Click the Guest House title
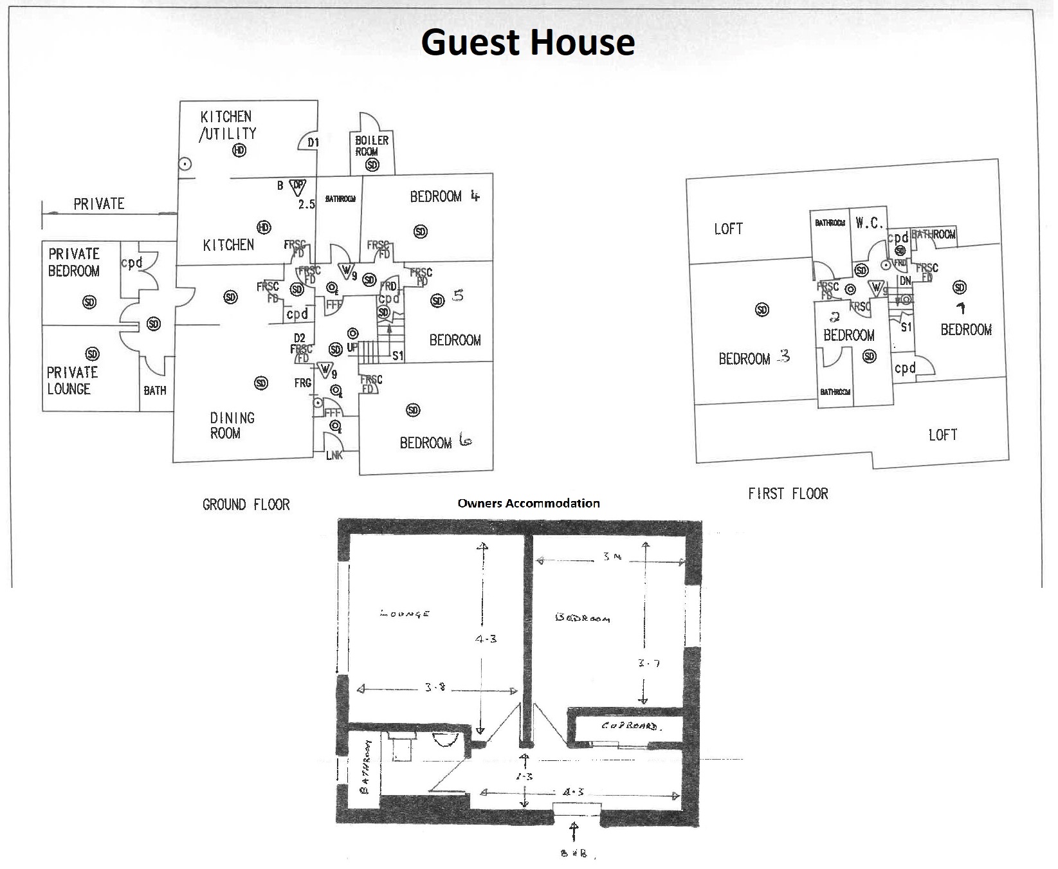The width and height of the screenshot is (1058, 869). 528,42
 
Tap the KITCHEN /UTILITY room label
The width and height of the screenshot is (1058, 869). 228,125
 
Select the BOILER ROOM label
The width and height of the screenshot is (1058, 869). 372,145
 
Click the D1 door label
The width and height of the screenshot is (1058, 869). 313,142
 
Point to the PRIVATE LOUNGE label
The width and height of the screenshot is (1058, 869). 72,380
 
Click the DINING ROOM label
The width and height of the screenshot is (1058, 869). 232,425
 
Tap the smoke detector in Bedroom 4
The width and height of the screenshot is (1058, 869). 420,231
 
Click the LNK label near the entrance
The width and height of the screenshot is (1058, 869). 334,455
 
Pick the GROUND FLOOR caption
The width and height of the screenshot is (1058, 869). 246,504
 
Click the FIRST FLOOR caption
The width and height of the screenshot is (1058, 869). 788,493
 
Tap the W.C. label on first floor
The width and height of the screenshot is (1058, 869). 868,223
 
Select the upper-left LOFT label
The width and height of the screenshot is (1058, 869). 728,228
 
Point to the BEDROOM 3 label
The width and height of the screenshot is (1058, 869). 753,358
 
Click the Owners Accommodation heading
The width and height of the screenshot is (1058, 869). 528,503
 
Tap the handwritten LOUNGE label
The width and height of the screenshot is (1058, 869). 405,614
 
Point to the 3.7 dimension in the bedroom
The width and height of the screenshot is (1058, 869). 648,663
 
